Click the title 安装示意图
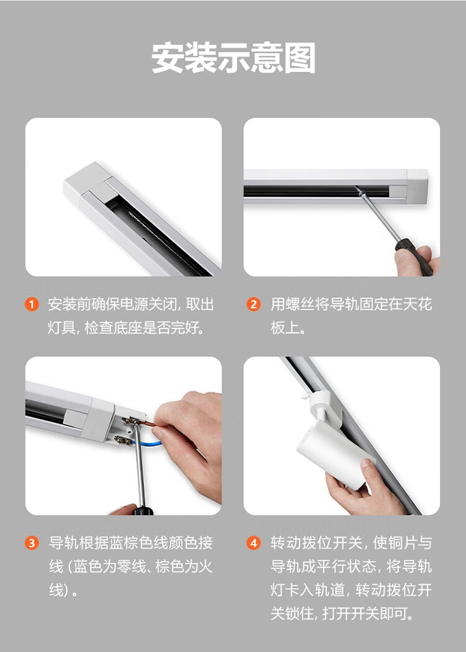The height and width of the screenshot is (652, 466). pos(233,58)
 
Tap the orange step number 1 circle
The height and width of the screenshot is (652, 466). pos(32,304)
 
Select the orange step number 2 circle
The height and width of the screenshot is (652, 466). pos(254,304)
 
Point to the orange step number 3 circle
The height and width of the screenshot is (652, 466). pos(32,543)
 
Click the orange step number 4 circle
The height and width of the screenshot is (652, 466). pos(254,543)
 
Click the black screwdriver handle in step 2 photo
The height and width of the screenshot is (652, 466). pos(414,257)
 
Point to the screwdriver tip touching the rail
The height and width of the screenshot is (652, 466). pos(358,189)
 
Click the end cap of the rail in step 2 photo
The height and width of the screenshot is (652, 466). pos(417,186)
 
